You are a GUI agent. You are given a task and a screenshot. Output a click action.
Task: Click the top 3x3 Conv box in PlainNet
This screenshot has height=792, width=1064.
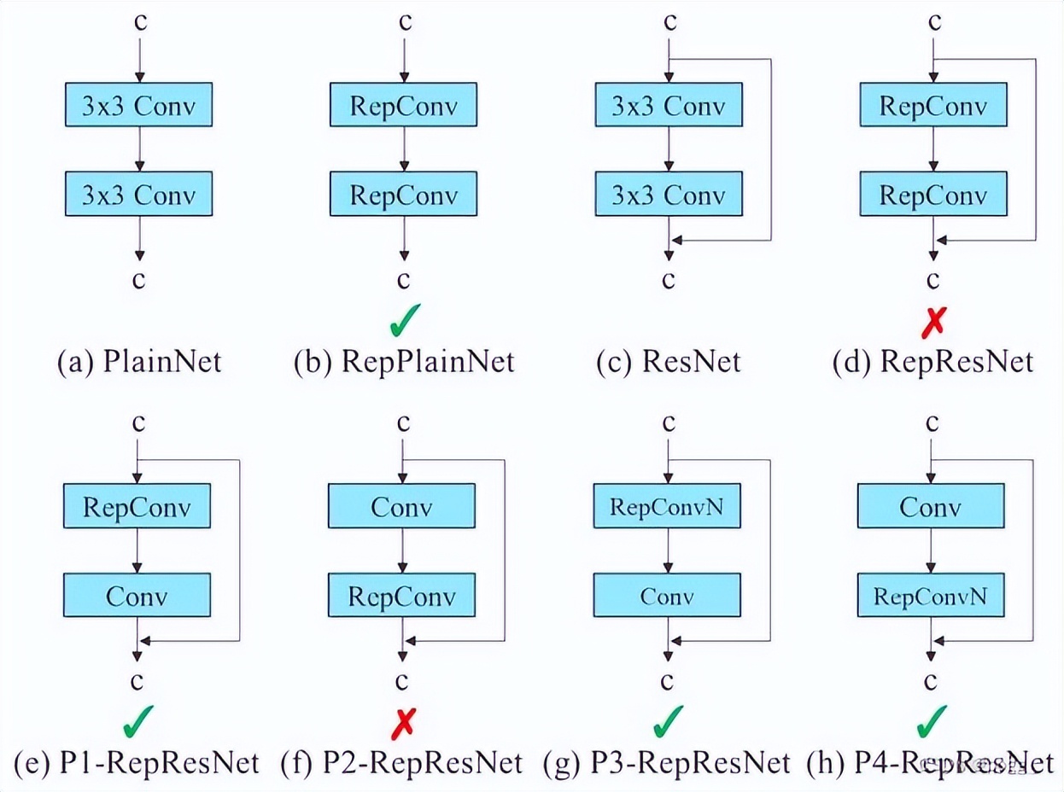pos(138,106)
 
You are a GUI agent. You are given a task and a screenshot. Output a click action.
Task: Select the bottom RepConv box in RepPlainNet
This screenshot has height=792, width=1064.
pos(403,195)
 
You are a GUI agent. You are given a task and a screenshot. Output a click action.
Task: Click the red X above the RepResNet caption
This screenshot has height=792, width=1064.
pos(932,323)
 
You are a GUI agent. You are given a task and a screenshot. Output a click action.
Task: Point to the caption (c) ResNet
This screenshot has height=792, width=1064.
pos(669,362)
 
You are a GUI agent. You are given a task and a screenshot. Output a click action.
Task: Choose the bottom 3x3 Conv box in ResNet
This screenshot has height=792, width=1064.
pos(669,195)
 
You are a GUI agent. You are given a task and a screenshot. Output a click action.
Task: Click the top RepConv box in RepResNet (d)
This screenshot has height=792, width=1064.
pos(932,106)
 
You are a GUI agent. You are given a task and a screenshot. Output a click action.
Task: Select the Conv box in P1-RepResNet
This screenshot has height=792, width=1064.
pos(137,595)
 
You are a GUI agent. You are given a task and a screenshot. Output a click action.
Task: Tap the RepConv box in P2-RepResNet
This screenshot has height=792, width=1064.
pos(403,595)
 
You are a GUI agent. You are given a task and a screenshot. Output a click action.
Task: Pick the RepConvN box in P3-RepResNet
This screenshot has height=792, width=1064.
pos(667,506)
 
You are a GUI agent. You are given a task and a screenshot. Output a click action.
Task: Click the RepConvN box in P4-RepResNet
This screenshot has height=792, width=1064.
pos(930,595)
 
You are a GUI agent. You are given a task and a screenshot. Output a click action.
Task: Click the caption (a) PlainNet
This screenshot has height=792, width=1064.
pos(138,362)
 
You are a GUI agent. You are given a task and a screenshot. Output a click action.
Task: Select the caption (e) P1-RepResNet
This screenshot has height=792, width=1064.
pos(137,762)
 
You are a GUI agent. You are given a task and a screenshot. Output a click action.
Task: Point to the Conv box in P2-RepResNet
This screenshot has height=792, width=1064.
pos(401,506)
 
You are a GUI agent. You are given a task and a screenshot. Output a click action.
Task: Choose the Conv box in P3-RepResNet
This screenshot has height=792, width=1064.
pos(667,595)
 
